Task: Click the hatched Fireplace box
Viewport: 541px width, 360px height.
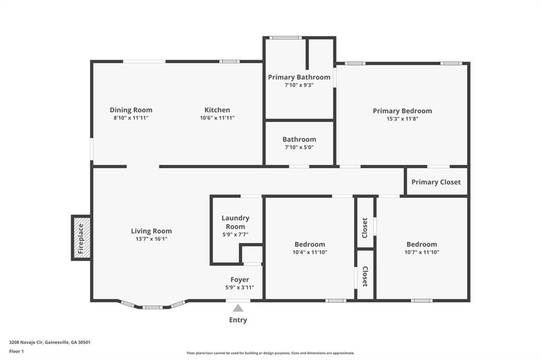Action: [81, 238]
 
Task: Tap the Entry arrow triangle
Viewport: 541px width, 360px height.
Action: [238, 308]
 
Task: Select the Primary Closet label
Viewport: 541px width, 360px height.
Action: [436, 182]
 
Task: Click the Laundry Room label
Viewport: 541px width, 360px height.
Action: [236, 222]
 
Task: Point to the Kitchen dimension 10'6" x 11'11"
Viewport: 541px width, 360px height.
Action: [217, 118]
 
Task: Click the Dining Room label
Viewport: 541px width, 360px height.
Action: [131, 110]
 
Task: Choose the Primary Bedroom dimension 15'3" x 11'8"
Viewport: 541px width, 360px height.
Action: [402, 119]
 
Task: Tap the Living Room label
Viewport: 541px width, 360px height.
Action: [152, 231]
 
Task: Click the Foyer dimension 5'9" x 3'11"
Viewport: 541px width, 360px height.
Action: [239, 288]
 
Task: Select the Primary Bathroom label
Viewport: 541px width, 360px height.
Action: [299, 77]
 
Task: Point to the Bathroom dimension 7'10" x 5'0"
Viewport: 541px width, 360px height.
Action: [299, 147]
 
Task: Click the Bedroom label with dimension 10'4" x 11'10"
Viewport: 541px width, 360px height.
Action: [310, 244]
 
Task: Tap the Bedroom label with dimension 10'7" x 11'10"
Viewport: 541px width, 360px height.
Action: [422, 244]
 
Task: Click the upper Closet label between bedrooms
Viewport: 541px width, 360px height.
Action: [365, 228]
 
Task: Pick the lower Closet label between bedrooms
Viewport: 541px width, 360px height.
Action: [365, 276]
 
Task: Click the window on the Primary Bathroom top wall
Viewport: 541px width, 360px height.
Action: [285, 37]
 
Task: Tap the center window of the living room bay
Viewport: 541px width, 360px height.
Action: [152, 307]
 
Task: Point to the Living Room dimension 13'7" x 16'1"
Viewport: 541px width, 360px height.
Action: [152, 239]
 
